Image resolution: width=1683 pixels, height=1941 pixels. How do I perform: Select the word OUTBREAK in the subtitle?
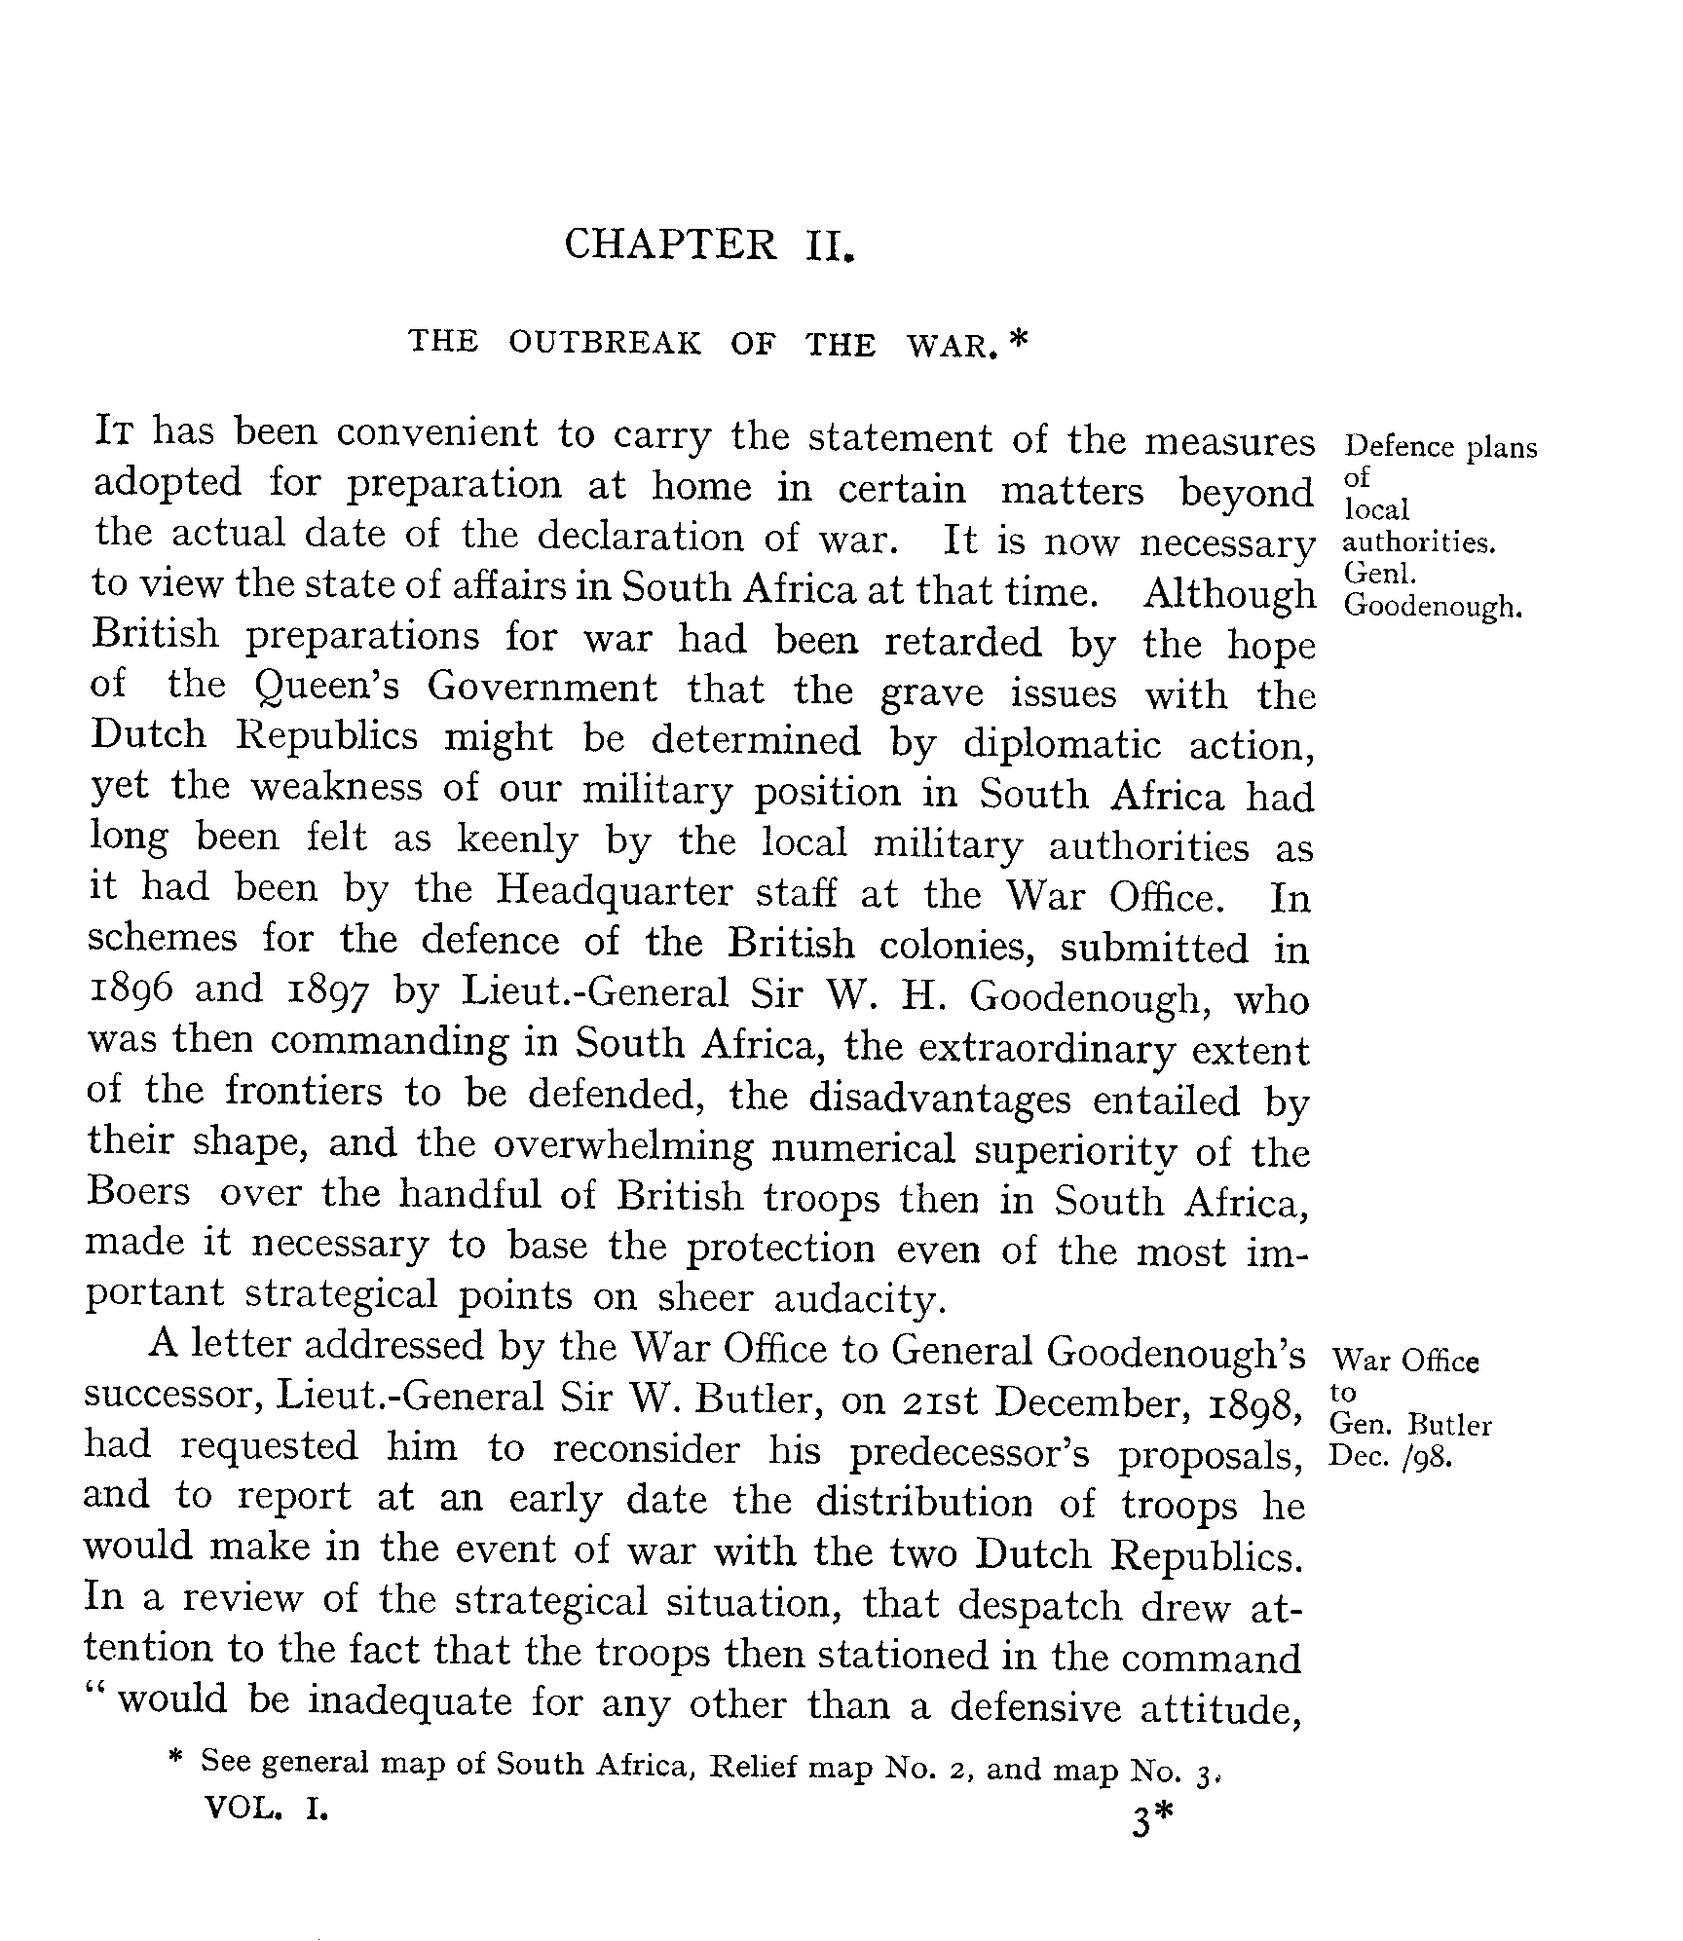pos(604,343)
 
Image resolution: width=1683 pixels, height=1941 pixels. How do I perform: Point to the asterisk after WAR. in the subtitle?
pos(1019,340)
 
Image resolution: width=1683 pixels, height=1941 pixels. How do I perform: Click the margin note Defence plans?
pos(1440,447)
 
